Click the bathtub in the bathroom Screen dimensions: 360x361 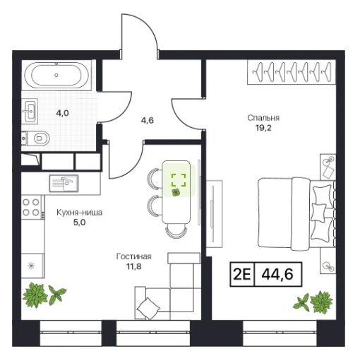pyautogui.click(x=56, y=75)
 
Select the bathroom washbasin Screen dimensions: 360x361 pyautogui.click(x=30, y=111)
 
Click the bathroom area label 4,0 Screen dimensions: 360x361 pyautogui.click(x=62, y=113)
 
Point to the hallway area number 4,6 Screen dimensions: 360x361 pyautogui.click(x=148, y=120)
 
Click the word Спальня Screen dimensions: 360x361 pyautogui.click(x=263, y=118)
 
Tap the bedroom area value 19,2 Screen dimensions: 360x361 pyautogui.click(x=263, y=128)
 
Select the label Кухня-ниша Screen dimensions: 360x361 pyautogui.click(x=80, y=213)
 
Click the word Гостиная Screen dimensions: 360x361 pyautogui.click(x=134, y=256)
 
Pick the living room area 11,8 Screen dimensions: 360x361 pyautogui.click(x=134, y=266)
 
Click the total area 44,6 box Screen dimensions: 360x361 pyautogui.click(x=277, y=274)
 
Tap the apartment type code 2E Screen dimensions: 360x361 pyautogui.click(x=242, y=274)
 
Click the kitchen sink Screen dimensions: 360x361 pyautogui.click(x=64, y=184)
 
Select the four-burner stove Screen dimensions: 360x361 pyautogui.click(x=31, y=207)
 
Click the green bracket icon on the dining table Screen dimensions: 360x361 pyautogui.click(x=179, y=180)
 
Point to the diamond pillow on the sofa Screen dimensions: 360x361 pyautogui.click(x=148, y=309)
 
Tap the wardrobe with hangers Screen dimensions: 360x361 pyautogui.click(x=292, y=72)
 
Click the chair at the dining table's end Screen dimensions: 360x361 pyautogui.click(x=176, y=231)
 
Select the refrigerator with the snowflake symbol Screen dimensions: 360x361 pyautogui.click(x=32, y=266)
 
